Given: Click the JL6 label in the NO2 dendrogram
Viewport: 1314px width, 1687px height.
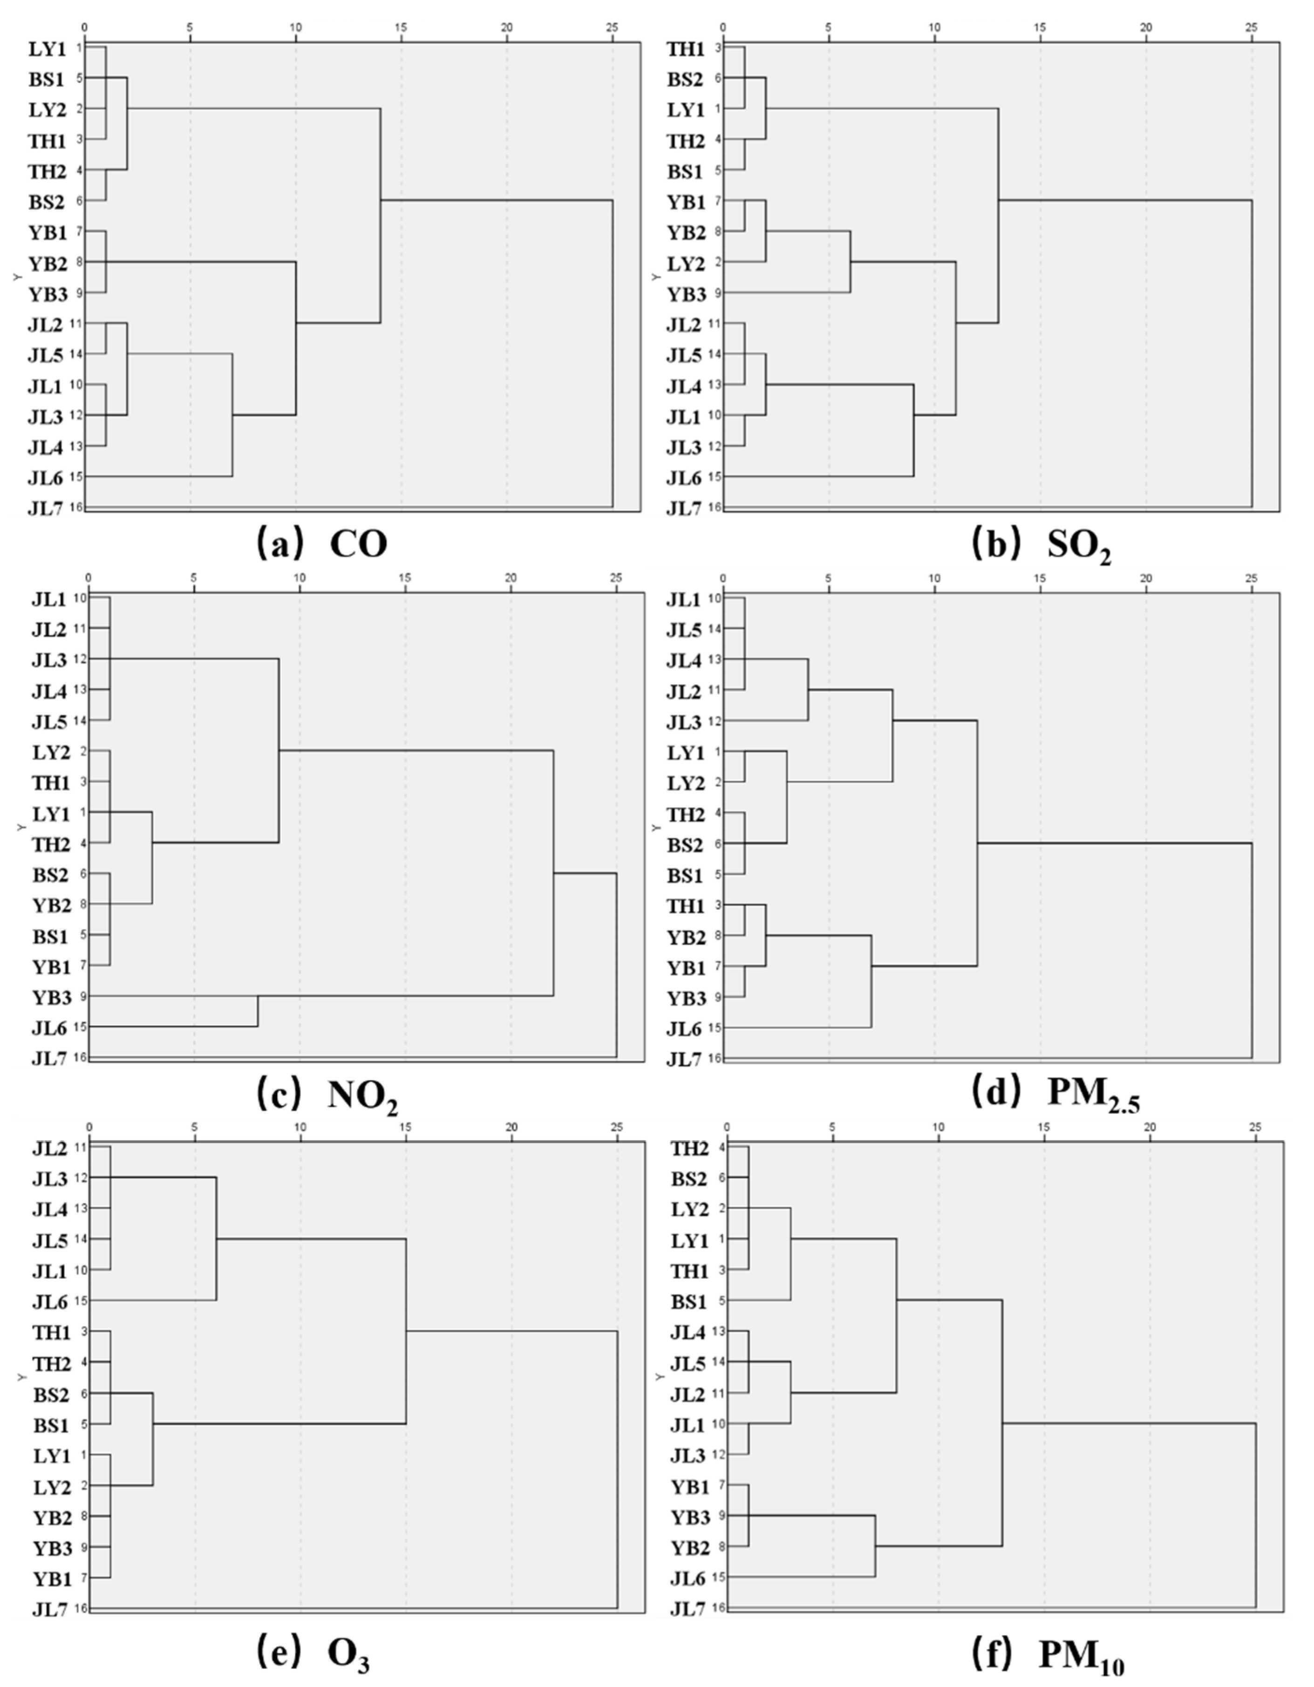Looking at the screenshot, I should (x=51, y=1028).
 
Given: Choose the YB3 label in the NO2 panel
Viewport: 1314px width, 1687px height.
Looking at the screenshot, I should (x=51, y=997).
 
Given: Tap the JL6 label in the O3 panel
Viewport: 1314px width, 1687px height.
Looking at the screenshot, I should (x=51, y=1301).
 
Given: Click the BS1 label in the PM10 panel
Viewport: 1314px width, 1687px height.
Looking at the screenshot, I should (x=689, y=1301).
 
